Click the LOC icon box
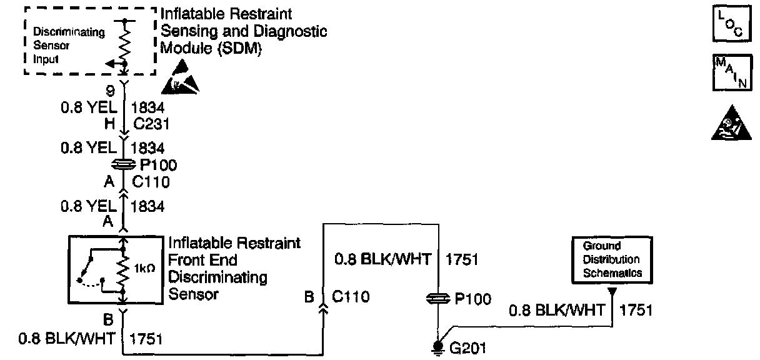[x=729, y=25]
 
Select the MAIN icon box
[x=729, y=72]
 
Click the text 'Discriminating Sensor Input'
[x=60, y=46]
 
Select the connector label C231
[x=147, y=122]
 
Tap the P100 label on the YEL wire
[x=159, y=166]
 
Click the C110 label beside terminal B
[x=351, y=297]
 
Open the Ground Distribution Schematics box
[x=612, y=259]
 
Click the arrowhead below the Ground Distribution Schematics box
[x=612, y=291]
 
